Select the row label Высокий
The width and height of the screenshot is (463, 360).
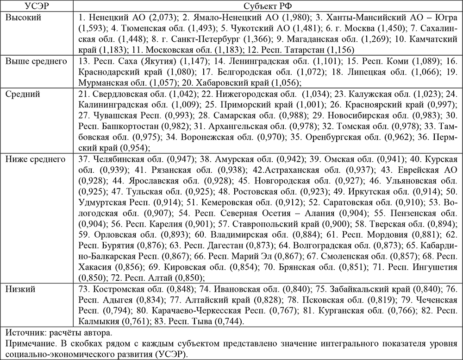click(23, 17)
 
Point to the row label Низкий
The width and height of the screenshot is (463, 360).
click(21, 289)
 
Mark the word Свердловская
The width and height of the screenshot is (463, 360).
click(119, 94)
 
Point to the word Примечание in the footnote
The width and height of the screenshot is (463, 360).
click(31, 343)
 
